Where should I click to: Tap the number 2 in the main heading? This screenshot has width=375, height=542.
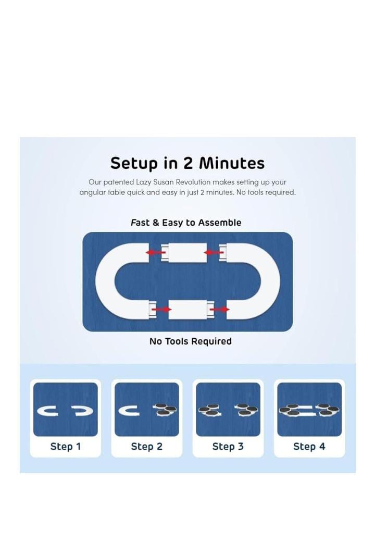click(x=188, y=163)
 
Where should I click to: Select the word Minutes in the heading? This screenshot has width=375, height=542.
click(x=232, y=163)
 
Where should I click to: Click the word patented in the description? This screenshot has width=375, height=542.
click(x=118, y=182)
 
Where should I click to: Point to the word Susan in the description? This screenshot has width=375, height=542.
click(x=164, y=182)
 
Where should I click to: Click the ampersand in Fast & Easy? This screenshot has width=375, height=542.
click(x=156, y=223)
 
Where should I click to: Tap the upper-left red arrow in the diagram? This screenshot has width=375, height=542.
click(x=155, y=253)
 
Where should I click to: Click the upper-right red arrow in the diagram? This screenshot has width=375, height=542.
click(x=214, y=253)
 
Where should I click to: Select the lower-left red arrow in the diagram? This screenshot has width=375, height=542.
click(x=161, y=309)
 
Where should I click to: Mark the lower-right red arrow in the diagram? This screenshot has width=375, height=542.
click(x=220, y=309)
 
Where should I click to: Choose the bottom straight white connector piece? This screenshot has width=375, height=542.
click(x=188, y=310)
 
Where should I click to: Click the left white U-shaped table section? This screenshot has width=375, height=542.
click(x=105, y=281)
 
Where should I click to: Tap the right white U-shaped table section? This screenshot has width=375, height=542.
click(x=270, y=281)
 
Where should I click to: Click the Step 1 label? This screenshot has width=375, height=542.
click(x=66, y=447)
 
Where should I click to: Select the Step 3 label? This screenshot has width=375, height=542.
click(x=228, y=447)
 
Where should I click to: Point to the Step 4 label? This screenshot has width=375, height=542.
click(x=309, y=447)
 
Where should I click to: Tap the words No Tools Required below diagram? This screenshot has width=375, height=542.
click(x=191, y=341)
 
